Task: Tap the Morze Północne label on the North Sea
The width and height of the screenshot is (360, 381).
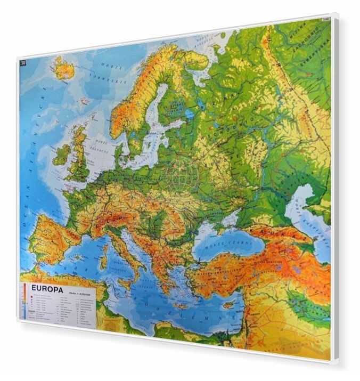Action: click(101, 143)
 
